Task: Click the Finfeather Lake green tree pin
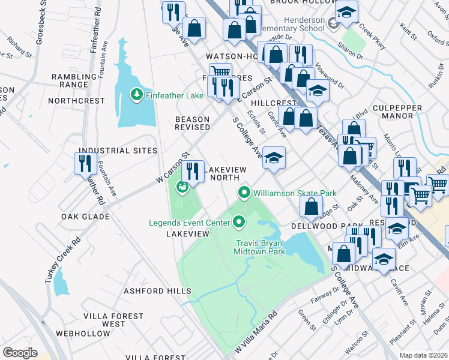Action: pos(137,94)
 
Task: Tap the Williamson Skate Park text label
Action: pos(294,193)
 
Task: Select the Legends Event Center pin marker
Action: pos(240,223)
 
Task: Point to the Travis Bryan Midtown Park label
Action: pos(260,248)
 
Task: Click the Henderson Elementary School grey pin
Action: pos(334,25)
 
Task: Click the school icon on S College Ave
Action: pos(274,158)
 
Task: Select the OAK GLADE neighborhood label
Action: pos(84,216)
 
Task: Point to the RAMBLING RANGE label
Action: pos(78,80)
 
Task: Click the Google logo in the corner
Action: pos(20,352)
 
